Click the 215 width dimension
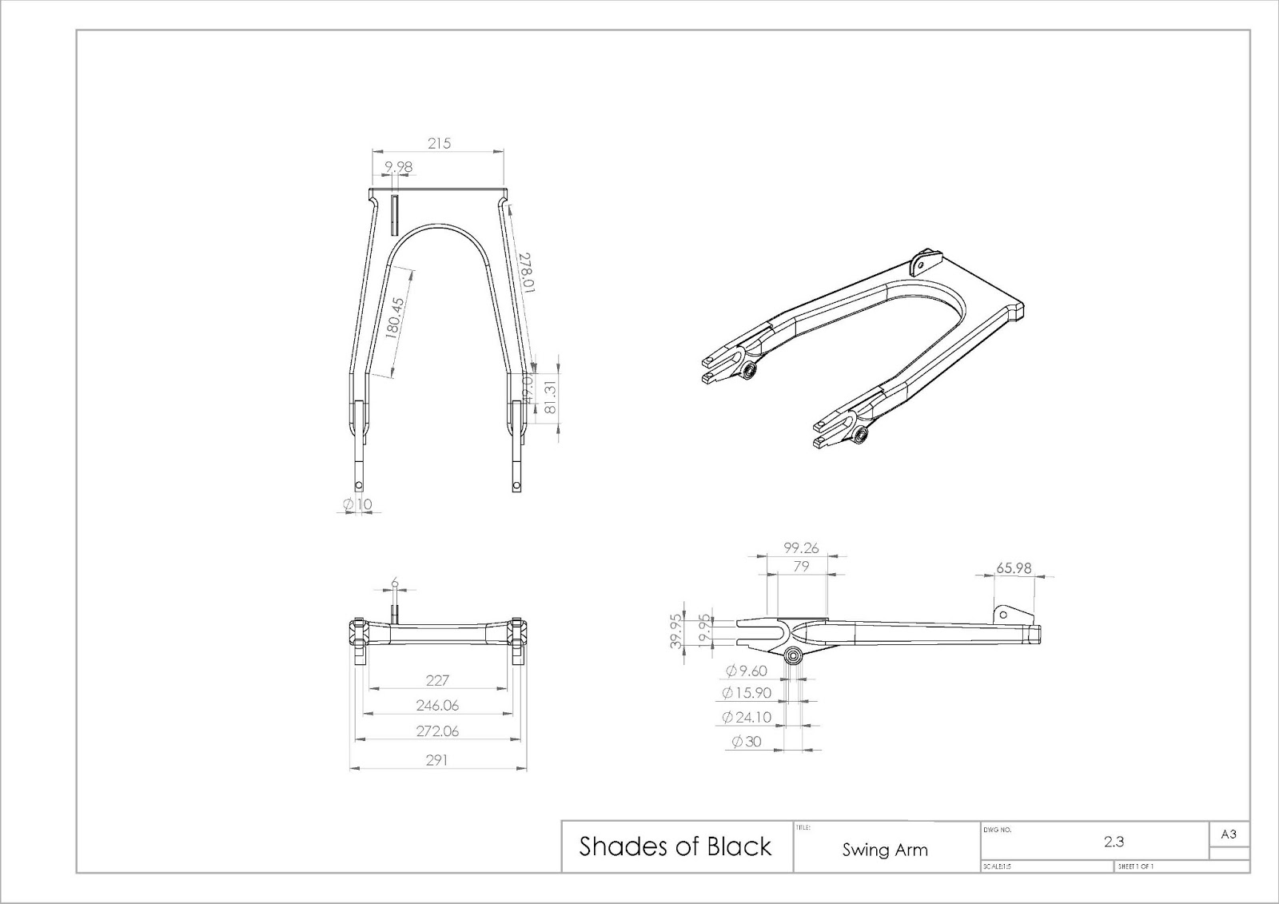(x=439, y=143)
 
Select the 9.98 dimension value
(x=398, y=166)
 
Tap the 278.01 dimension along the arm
(x=527, y=273)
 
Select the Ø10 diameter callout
(x=357, y=504)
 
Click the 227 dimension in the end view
(x=437, y=680)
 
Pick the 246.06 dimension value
(x=437, y=706)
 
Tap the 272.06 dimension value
(x=437, y=731)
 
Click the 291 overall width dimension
(x=436, y=760)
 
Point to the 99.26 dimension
(x=801, y=548)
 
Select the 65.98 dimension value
(x=1013, y=568)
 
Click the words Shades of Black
(x=675, y=846)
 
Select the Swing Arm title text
(x=885, y=850)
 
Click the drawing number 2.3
(x=1114, y=841)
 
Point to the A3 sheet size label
(x=1229, y=834)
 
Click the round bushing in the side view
(x=795, y=657)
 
